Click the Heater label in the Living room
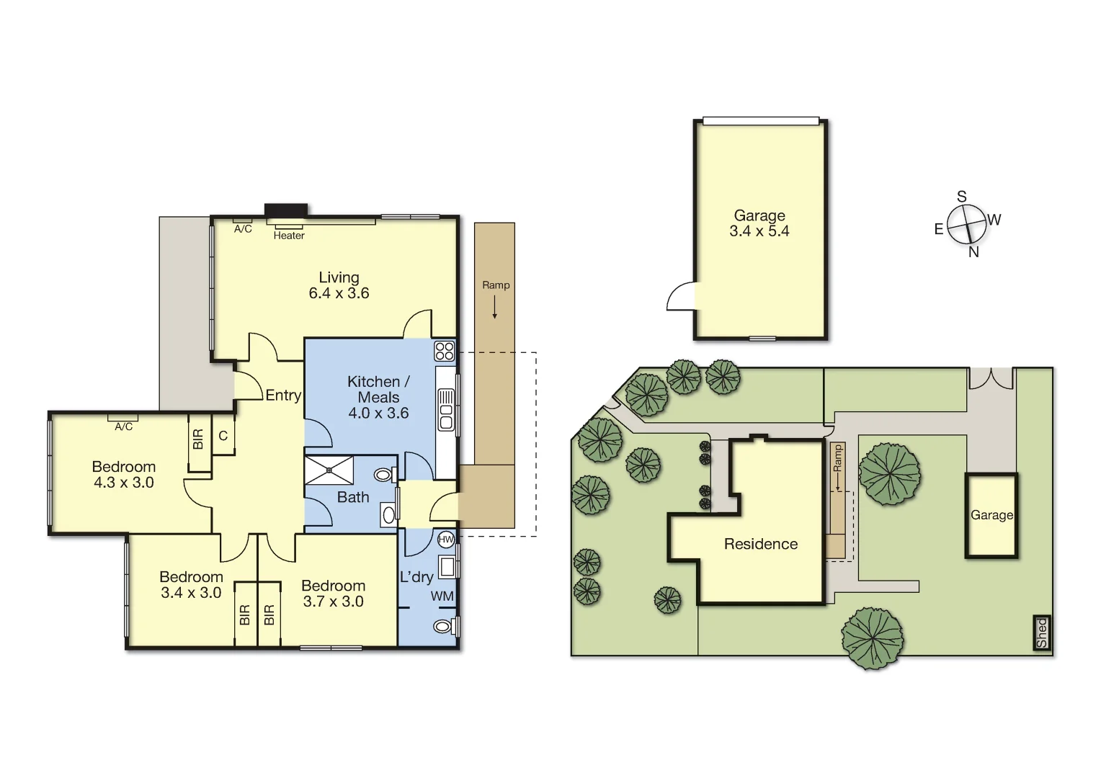pos(289,236)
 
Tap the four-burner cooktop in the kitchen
pos(445,351)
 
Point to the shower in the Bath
pos(329,470)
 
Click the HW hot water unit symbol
pos(446,539)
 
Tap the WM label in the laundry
pos(442,596)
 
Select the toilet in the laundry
pos(443,627)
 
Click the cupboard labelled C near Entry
pos(223,436)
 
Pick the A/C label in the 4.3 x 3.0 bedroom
pos(123,426)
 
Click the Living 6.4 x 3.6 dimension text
pos(339,293)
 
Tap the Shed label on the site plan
pos(1041,633)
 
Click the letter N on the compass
pos(973,252)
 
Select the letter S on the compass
pos(961,197)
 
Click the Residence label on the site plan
pos(760,544)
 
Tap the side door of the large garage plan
pos(682,297)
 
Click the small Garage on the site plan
pos(991,515)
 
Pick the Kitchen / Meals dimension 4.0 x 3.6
pos(378,413)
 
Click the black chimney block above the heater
pos(286,210)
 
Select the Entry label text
pos(283,395)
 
